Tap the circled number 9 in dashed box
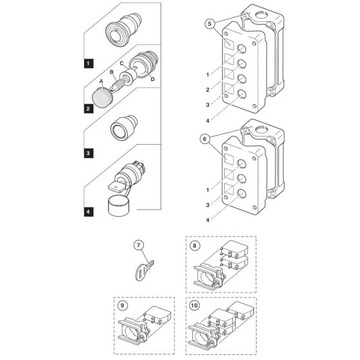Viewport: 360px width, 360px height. click(x=123, y=305)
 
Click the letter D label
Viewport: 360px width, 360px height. click(x=152, y=79)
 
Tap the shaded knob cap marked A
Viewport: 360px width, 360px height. click(x=102, y=96)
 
